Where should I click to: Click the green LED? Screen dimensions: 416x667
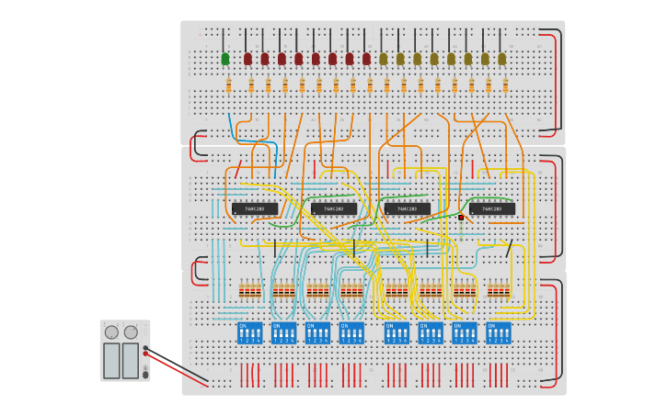225,59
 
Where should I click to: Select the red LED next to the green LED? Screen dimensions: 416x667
247,59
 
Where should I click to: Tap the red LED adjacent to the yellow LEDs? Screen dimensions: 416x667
366,59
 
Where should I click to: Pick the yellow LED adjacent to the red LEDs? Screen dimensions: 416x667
384,59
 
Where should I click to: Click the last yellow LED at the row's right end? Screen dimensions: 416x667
501,59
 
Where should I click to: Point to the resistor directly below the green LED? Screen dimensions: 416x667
229,85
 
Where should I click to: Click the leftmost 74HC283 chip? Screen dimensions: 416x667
254,209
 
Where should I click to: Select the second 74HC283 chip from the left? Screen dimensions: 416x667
333,209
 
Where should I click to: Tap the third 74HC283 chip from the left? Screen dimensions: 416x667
407,209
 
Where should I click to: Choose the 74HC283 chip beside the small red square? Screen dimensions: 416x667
491,209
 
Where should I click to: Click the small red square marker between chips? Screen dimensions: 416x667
461,218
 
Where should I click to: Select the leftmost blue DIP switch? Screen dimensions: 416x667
249,332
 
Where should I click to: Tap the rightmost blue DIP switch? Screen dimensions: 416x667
499,332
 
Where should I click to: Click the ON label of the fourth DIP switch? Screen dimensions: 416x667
345,326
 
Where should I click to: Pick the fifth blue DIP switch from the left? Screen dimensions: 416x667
397,332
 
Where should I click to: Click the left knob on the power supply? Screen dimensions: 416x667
111,332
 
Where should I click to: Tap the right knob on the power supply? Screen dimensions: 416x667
131,332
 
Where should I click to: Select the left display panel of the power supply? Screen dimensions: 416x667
111,360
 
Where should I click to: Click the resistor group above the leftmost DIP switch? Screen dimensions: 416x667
249,291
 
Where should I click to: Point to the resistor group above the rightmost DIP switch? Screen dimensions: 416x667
499,291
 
